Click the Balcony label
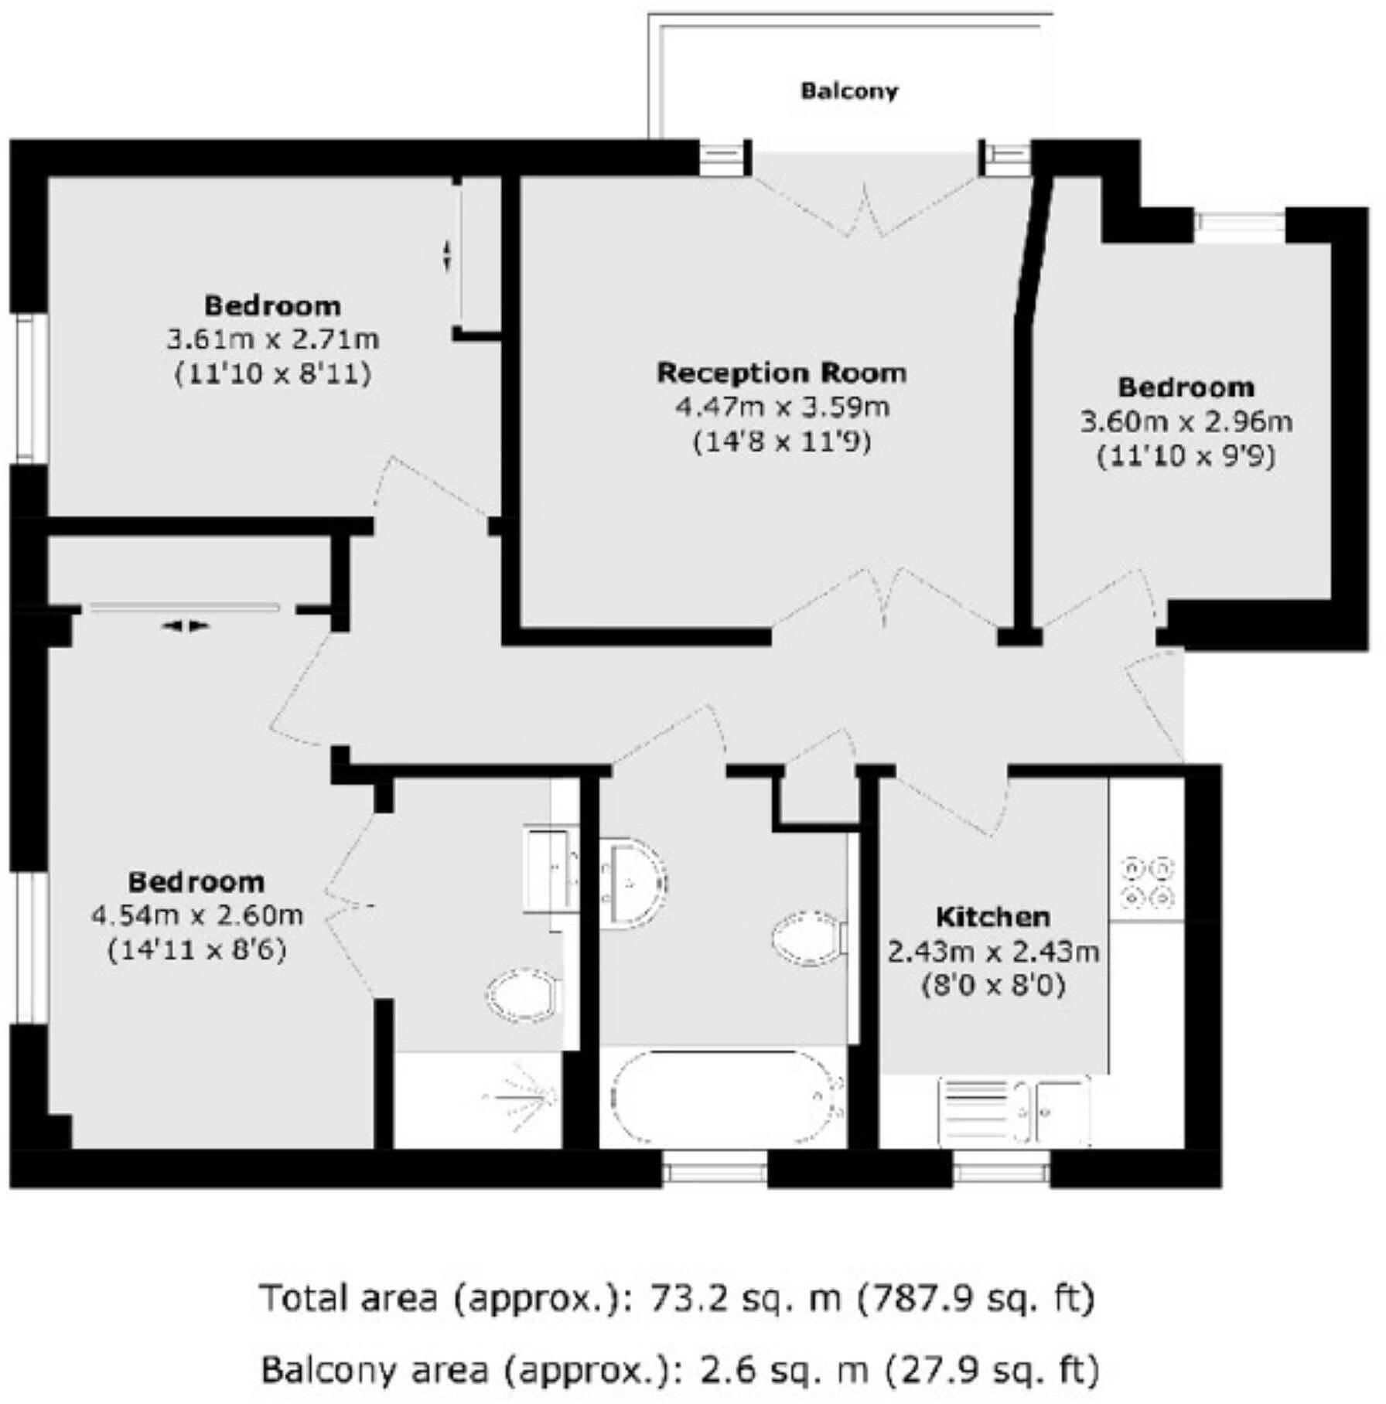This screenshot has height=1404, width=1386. [x=849, y=91]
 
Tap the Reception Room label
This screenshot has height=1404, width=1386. [x=781, y=373]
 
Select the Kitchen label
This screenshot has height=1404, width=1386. [x=993, y=917]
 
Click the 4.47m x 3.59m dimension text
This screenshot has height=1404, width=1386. [x=782, y=407]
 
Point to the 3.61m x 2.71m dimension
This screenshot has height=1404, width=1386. [x=272, y=339]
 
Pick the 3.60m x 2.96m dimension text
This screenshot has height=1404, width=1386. [x=1186, y=421]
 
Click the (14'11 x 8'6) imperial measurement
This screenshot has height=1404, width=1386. [x=196, y=949]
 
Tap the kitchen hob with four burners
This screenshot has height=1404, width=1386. [x=1147, y=882]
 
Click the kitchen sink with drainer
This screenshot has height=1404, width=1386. [x=1014, y=1111]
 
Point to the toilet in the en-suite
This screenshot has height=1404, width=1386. [x=523, y=996]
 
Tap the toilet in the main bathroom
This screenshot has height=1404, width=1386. [x=807, y=938]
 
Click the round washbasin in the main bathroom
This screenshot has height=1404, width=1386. [x=633, y=881]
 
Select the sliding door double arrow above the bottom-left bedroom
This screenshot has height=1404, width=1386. [x=186, y=626]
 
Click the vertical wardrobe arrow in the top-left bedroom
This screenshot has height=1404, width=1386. [x=446, y=256]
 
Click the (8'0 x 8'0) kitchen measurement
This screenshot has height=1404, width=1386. [x=993, y=985]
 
